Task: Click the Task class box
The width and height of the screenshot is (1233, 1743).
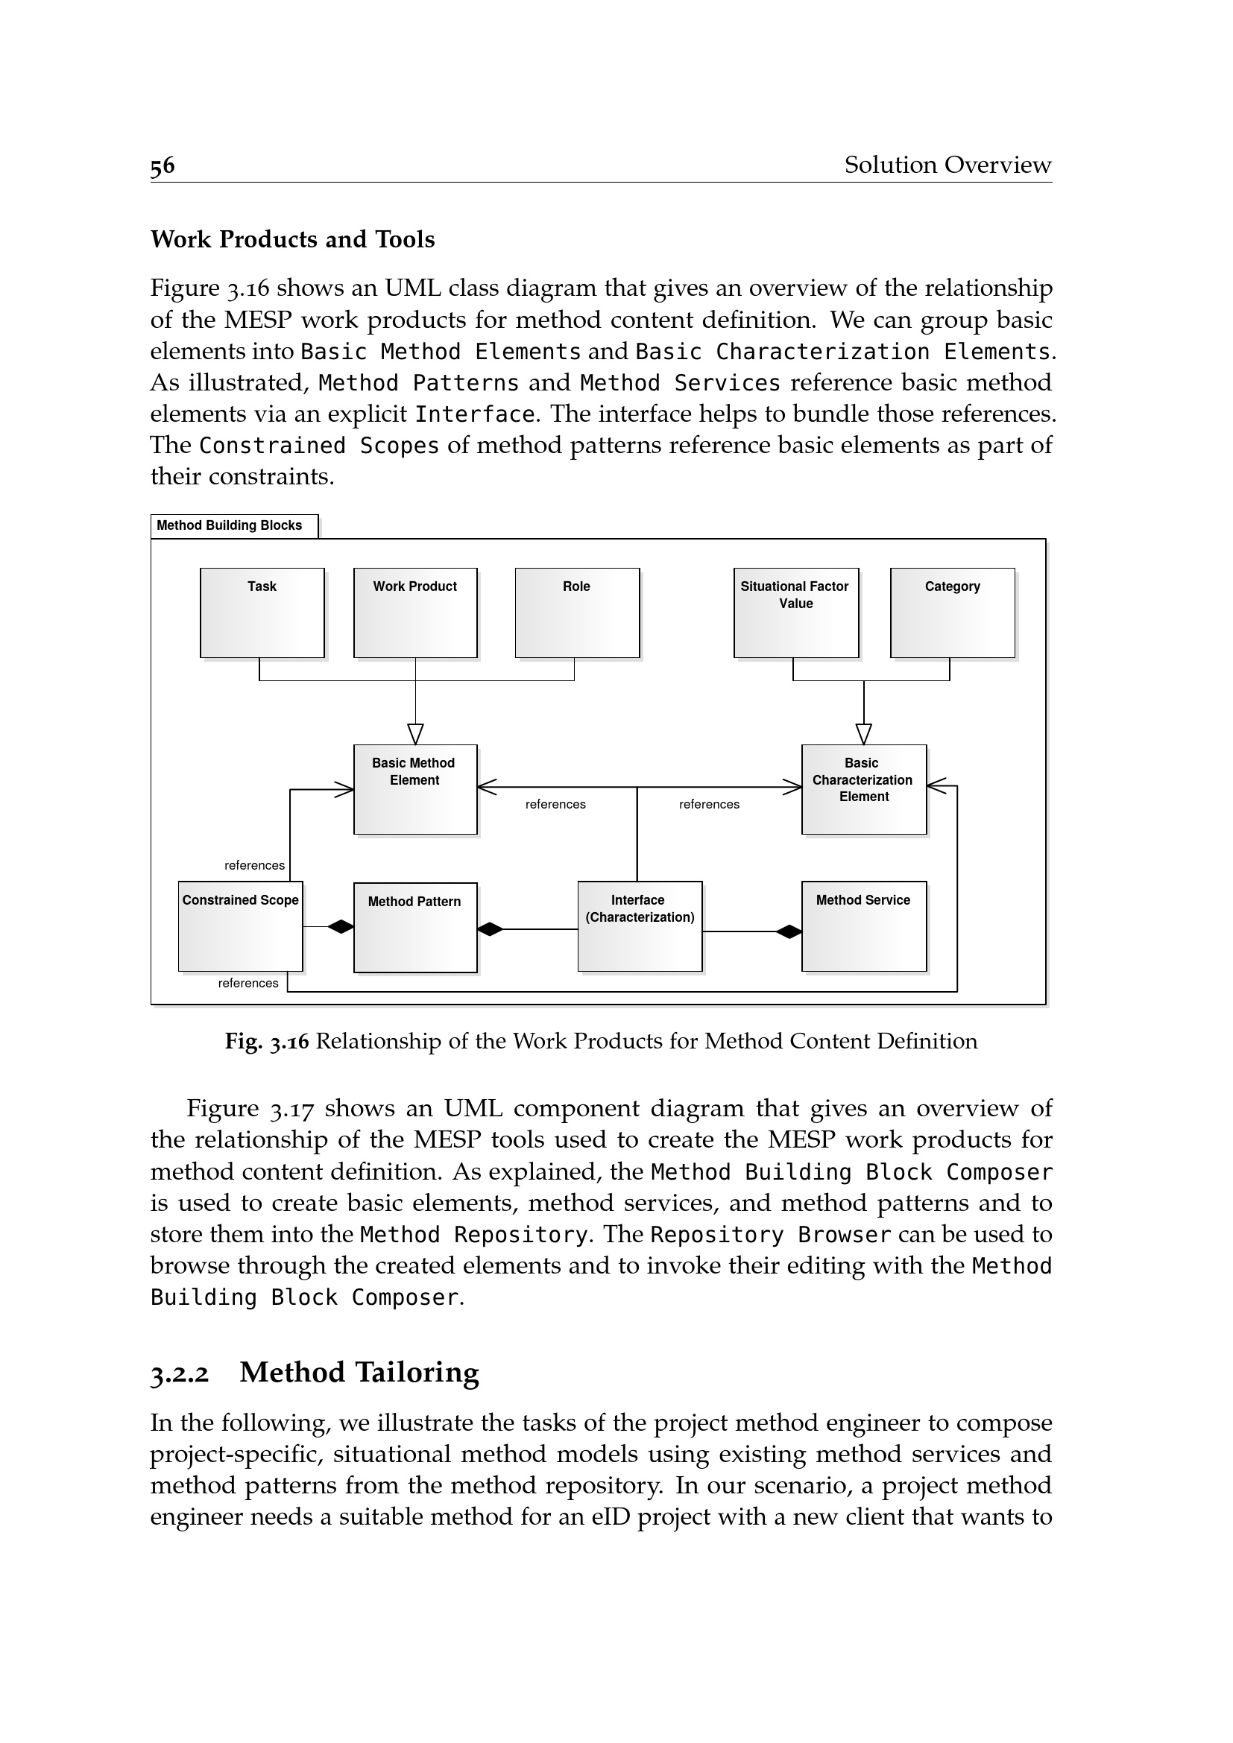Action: tap(262, 613)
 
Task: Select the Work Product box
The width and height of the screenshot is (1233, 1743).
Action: tap(415, 613)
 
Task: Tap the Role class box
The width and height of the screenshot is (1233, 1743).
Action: tap(577, 613)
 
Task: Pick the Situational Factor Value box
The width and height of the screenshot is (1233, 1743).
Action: tap(795, 613)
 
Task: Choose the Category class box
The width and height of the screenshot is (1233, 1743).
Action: tap(952, 613)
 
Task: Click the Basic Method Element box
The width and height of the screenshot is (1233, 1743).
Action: tap(415, 789)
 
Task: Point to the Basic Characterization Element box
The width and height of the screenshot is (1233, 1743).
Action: tap(864, 789)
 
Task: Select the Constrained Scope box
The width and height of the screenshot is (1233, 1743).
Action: tap(241, 926)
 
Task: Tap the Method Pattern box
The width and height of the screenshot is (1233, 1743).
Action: tap(415, 928)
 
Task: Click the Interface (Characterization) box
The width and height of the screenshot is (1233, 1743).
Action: tap(640, 926)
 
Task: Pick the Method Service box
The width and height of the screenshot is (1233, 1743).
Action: tap(864, 926)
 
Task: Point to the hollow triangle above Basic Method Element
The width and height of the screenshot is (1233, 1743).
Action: tap(415, 734)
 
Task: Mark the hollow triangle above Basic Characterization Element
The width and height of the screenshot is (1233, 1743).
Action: tap(864, 734)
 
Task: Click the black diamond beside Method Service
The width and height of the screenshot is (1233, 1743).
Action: tap(789, 931)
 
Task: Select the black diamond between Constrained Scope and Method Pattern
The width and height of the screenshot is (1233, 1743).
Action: tap(341, 926)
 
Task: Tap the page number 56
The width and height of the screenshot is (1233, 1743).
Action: tap(163, 165)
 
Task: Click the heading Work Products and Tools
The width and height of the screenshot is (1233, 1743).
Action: tap(292, 239)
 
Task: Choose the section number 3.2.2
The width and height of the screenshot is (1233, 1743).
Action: tap(179, 1374)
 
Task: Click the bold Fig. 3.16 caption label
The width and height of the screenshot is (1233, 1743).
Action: tap(266, 1041)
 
